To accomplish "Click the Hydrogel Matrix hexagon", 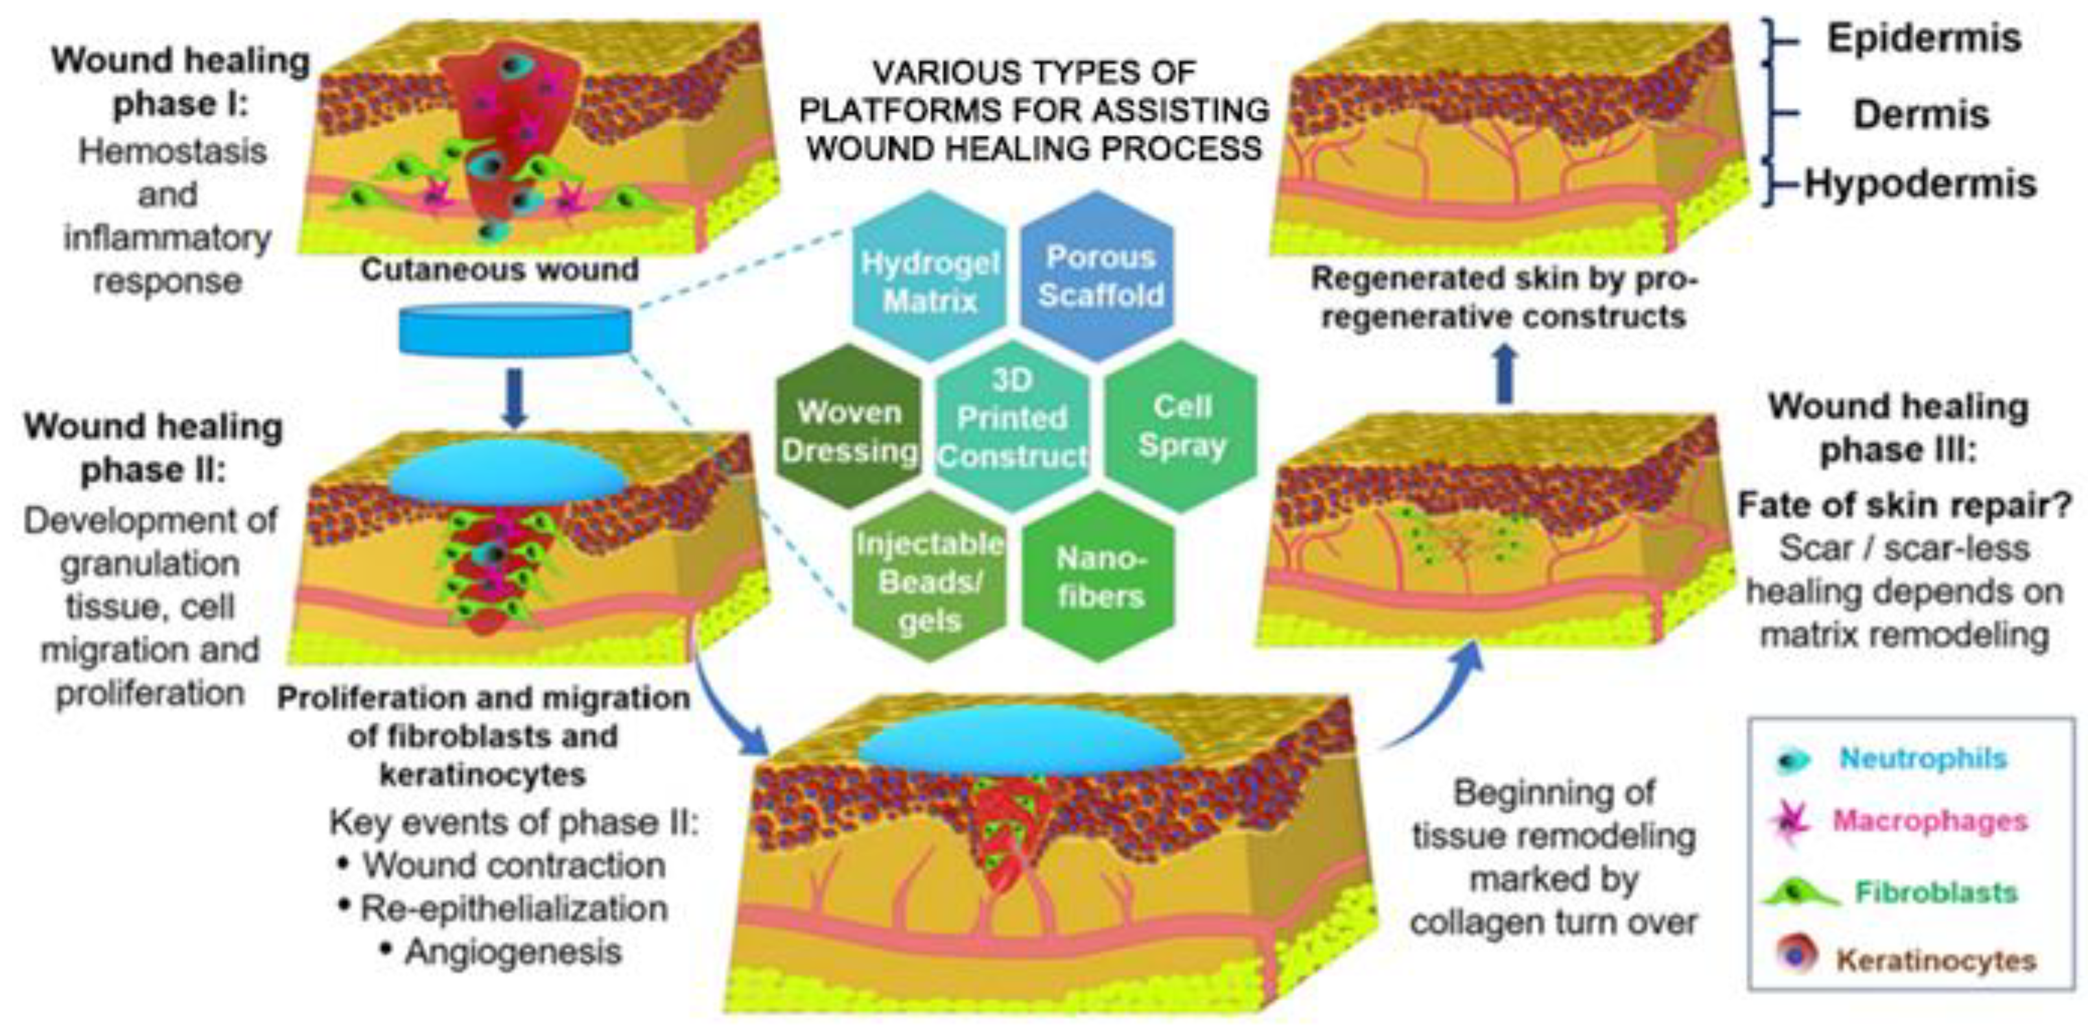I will pos(929,278).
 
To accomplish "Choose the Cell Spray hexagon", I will pos(1182,426).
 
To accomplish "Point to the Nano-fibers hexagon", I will pos(1099,577).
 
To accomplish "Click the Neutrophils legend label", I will pos(1923,758).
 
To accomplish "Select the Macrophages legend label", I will pos(1930,821).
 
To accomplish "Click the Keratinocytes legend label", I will pos(1936,960).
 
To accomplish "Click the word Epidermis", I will pos(1923,39).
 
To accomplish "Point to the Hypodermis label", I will pos(1919,185).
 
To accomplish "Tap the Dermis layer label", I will pos(1921,114).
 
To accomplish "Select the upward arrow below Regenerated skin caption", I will pos(1505,374).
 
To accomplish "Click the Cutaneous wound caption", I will pos(499,270).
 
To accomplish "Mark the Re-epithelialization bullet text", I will pos(514,908).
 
